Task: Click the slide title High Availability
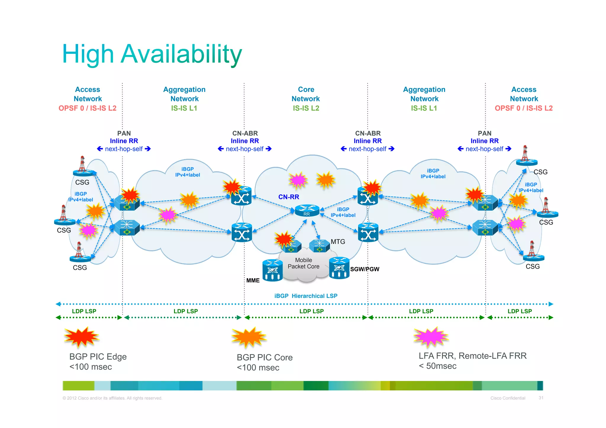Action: click(x=152, y=54)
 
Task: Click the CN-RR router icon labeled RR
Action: click(x=307, y=211)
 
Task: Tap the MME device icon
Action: click(x=272, y=270)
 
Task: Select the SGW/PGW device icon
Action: click(x=339, y=268)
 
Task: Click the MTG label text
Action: click(x=338, y=242)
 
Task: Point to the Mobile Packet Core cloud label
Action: click(x=304, y=263)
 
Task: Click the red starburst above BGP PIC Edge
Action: click(x=81, y=337)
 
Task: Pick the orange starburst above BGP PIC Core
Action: click(x=249, y=337)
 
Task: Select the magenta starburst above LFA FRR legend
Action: click(x=431, y=337)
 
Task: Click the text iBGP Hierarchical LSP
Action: click(x=306, y=296)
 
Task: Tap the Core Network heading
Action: click(x=306, y=94)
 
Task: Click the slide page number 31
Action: click(x=541, y=398)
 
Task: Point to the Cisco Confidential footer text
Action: click(x=508, y=398)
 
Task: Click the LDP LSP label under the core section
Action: click(x=311, y=311)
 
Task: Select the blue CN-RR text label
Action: click(x=289, y=197)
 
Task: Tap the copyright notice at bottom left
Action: click(x=112, y=398)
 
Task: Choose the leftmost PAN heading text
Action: click(x=124, y=133)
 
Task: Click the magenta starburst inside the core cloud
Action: click(x=298, y=180)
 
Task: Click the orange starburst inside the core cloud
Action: click(x=325, y=180)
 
